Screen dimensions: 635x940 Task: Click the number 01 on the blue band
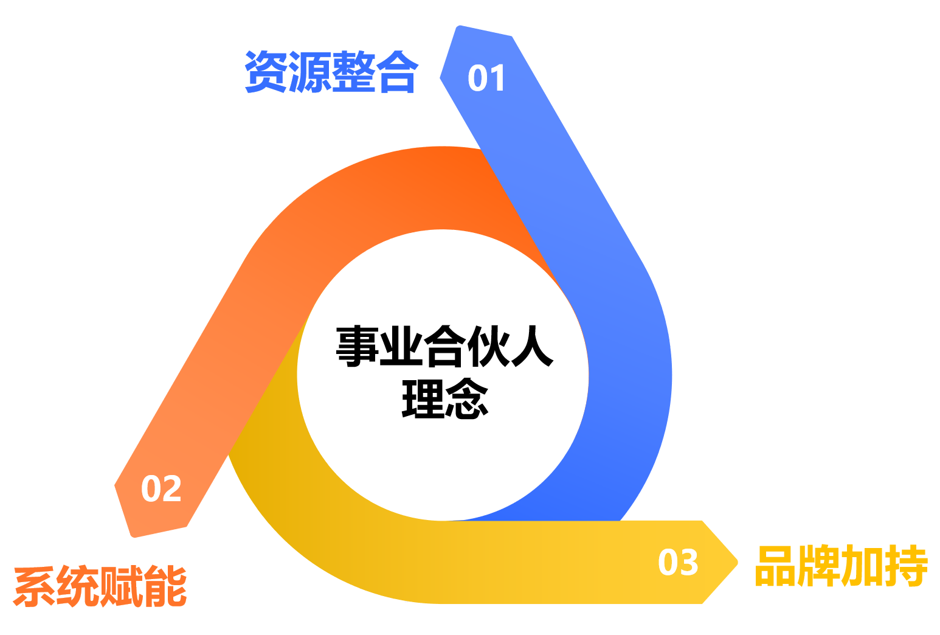486,78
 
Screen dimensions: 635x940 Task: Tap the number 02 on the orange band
161,488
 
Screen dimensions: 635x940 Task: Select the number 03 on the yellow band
678,562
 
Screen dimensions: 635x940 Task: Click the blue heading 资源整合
331,72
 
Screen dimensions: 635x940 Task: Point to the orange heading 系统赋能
100,586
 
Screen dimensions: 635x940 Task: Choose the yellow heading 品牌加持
842,566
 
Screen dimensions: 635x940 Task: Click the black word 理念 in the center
445,398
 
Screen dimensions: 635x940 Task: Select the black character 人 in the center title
532,346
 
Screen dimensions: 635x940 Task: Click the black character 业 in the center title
401,346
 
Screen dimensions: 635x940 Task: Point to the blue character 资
266,72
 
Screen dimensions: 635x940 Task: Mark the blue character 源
310,72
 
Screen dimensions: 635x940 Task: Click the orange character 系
35,586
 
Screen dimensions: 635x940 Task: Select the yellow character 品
776,566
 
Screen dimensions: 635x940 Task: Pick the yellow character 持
907,566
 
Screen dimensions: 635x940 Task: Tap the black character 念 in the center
467,398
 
